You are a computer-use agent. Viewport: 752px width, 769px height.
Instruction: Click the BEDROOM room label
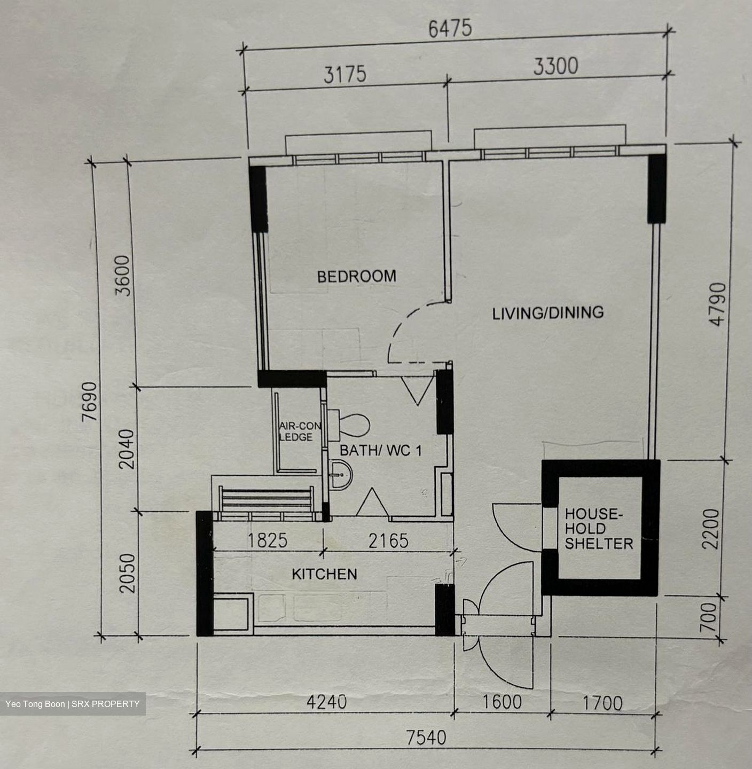(356, 276)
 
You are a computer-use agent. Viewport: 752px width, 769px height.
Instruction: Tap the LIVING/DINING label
(547, 313)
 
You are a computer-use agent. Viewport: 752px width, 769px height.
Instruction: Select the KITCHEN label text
(324, 574)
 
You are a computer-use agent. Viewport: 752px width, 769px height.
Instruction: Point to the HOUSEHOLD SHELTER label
(599, 529)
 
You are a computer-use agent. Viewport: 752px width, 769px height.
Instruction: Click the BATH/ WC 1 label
(381, 451)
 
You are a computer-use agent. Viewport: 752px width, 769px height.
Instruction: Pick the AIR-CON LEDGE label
(300, 431)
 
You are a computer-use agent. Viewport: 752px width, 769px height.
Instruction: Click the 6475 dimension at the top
(450, 28)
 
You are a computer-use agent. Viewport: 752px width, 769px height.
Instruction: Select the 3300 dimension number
(555, 66)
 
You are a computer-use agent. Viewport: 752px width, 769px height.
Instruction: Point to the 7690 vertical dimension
(89, 401)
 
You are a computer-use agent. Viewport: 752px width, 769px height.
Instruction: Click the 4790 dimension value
(718, 304)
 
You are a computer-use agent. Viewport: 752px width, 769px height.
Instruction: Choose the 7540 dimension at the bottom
(426, 737)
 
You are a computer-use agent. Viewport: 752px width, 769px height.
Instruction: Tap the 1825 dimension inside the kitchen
(268, 540)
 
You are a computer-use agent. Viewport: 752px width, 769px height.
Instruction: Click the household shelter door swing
(510, 531)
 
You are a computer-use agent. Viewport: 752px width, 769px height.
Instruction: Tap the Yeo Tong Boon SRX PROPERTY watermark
(73, 704)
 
